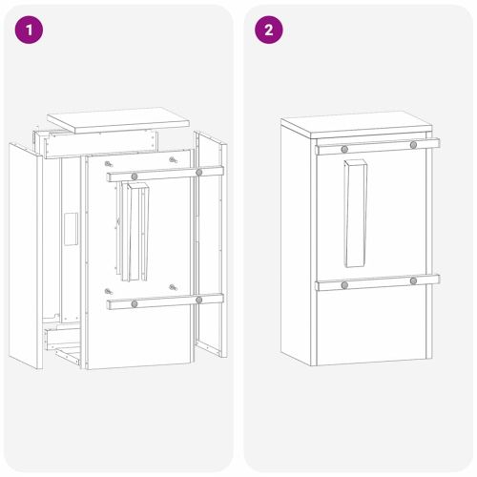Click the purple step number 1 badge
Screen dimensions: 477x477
31,30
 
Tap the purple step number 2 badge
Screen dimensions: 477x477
268,30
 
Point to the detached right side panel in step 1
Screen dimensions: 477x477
211,248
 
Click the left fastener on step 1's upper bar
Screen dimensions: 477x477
135,176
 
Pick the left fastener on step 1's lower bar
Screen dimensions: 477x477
135,303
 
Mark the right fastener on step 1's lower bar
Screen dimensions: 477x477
198,300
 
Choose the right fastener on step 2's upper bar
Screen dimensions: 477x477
413,145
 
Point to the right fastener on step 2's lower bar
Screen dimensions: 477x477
413,280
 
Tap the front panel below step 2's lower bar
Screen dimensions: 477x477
372,324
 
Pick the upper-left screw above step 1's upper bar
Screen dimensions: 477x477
108,159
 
